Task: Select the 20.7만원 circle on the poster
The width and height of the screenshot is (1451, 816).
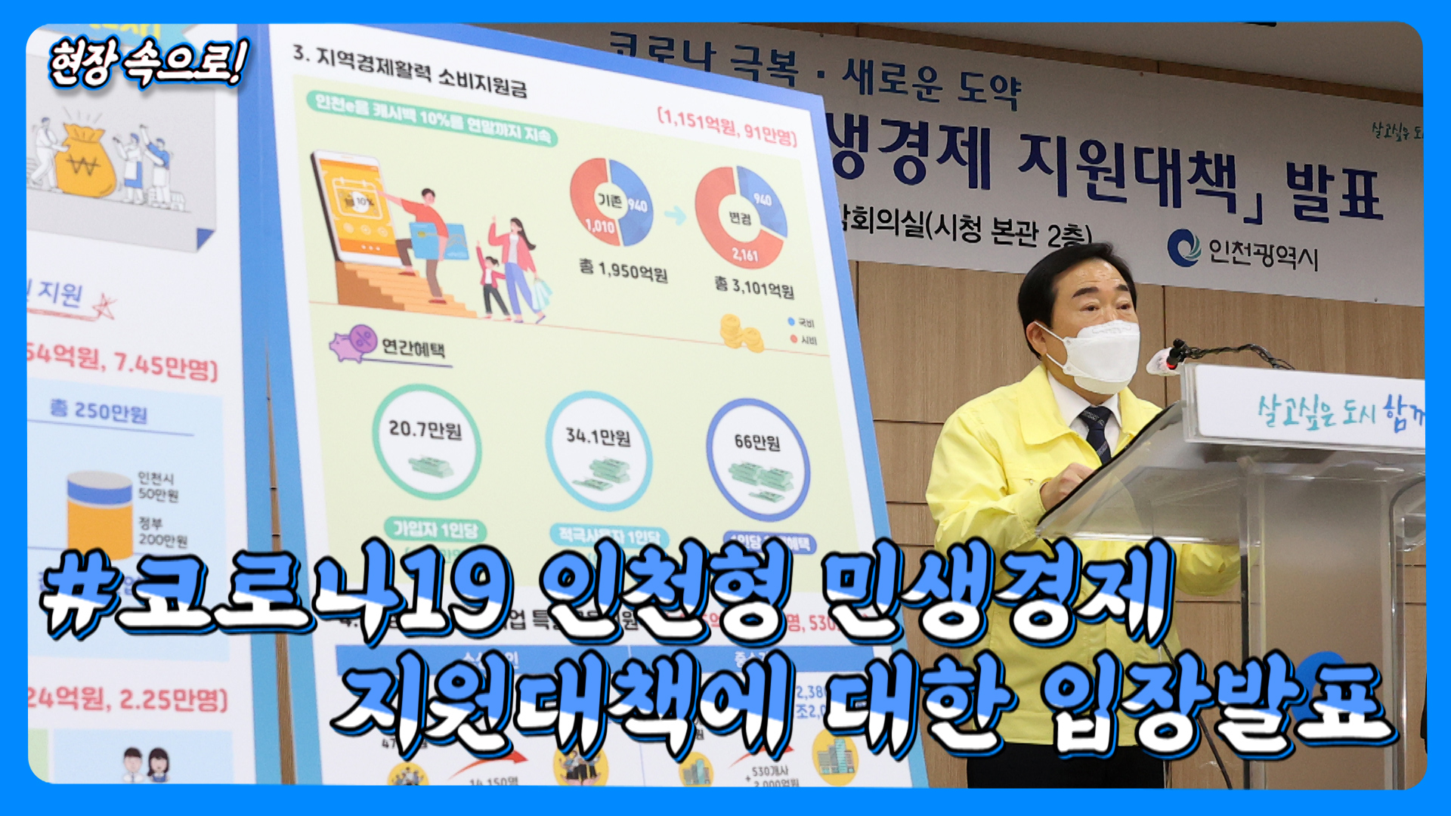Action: pyautogui.click(x=426, y=442)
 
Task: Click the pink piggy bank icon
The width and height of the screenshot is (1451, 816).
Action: pyautogui.click(x=352, y=343)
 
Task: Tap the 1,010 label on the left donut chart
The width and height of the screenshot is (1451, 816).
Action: pyautogui.click(x=599, y=225)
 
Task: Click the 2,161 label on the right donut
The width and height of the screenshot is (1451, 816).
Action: pyautogui.click(x=744, y=255)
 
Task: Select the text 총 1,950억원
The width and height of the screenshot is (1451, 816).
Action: pyautogui.click(x=623, y=269)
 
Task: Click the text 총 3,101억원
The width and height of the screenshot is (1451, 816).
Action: pyautogui.click(x=754, y=286)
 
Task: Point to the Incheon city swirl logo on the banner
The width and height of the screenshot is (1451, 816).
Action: pyautogui.click(x=1183, y=248)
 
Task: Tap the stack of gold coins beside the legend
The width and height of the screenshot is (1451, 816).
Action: pyautogui.click(x=741, y=333)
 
